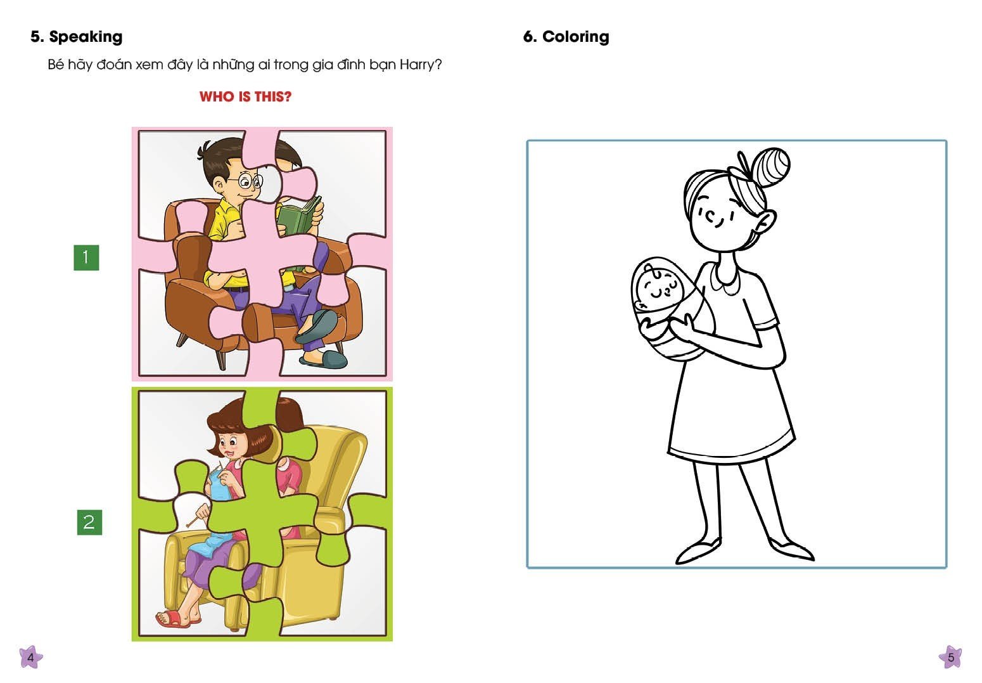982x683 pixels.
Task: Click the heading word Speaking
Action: (x=86, y=37)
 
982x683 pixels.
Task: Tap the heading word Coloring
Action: (x=576, y=37)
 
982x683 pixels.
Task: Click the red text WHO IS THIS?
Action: (x=246, y=96)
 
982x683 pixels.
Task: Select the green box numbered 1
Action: (x=86, y=257)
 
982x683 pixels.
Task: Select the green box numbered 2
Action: (x=89, y=523)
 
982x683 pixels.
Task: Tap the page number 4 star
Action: (x=31, y=657)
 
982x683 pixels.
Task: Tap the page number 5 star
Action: (x=950, y=657)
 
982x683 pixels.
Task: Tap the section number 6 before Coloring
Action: (x=530, y=37)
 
